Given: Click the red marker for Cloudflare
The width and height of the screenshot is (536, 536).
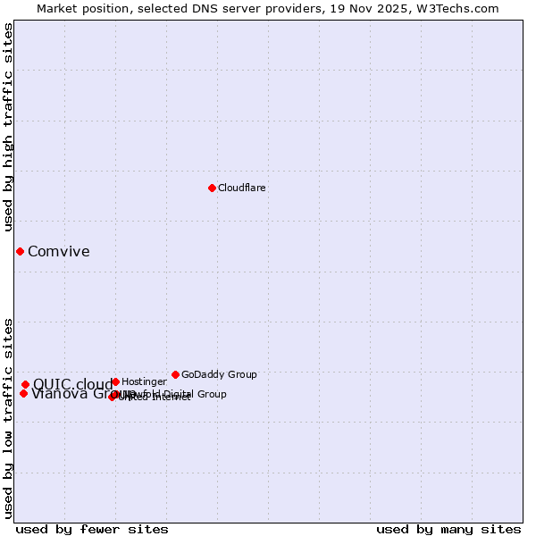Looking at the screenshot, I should coord(212,188).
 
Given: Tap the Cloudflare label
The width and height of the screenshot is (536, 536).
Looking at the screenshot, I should coord(241,188).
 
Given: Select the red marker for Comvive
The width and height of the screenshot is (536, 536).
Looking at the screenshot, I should coord(20,251).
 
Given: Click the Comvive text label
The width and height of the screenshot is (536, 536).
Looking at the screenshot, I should coord(59,251).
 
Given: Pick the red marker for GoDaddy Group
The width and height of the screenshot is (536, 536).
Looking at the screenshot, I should coord(175,374).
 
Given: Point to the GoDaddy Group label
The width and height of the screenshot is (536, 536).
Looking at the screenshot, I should coord(219,374).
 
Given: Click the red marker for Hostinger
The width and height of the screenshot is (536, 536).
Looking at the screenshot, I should coord(115,381).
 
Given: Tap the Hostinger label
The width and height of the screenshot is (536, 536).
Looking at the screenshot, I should coord(144,381).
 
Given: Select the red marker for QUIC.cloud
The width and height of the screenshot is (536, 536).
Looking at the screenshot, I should coord(25,384).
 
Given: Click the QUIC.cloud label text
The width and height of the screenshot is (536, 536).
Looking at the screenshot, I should coord(72,385).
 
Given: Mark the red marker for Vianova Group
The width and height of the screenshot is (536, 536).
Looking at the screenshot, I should coord(23,393).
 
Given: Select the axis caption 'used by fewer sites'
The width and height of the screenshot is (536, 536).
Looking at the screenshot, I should coord(92,529).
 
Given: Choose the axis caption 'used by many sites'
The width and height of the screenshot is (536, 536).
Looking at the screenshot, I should coord(448,529).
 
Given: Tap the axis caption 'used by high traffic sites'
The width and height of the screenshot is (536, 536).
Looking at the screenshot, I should coord(8,127).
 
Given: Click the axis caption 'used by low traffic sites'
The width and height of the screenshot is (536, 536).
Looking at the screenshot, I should coord(8,418).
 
